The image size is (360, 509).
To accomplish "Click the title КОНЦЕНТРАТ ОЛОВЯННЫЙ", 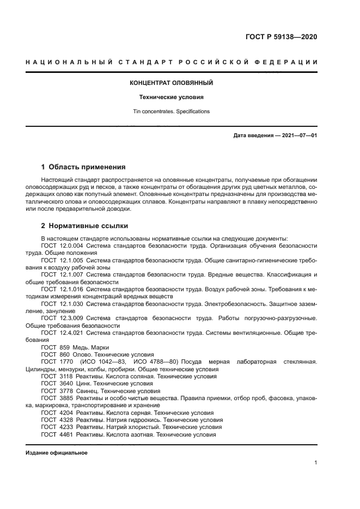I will pyautogui.click(x=171, y=83).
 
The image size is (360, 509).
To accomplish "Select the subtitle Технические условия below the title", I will pyautogui.click(x=171, y=97).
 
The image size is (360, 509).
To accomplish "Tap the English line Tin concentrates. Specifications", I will pyautogui.click(x=171, y=112).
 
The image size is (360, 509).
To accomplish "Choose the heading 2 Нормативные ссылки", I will pyautogui.click(x=84, y=225).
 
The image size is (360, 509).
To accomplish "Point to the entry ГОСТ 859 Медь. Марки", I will pyautogui.click(x=75, y=347).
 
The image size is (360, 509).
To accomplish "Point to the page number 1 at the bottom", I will pyautogui.click(x=315, y=463).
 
